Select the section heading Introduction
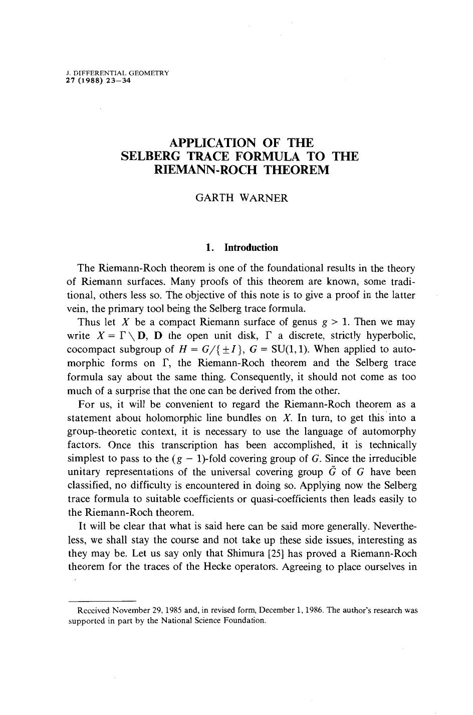[x=251, y=247]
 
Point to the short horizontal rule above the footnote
[x=102, y=600]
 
